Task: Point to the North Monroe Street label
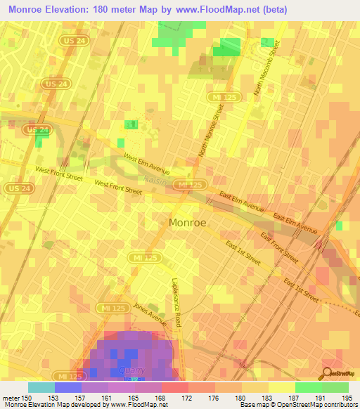point(213,131)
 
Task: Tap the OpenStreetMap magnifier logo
point(328,373)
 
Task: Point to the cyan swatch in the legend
point(41,387)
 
